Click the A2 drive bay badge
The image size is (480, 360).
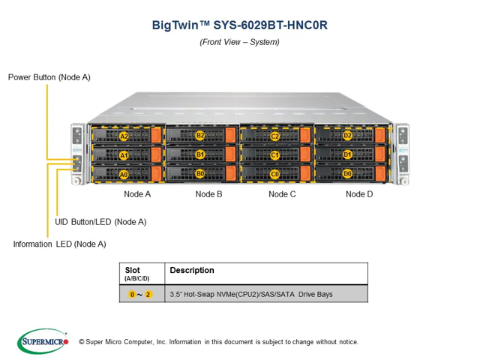pyautogui.click(x=124, y=136)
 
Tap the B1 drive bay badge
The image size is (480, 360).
pyautogui.click(x=200, y=154)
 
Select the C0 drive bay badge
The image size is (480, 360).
pyautogui.click(x=275, y=175)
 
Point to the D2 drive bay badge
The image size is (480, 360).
pyautogui.click(x=347, y=135)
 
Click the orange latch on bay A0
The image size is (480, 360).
pyautogui.click(x=157, y=174)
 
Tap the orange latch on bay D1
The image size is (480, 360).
pyautogui.click(x=380, y=154)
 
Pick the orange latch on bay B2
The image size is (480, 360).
pyautogui.click(x=230, y=135)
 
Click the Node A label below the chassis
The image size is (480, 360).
pyautogui.click(x=137, y=194)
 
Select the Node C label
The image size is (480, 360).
pyautogui.click(x=282, y=194)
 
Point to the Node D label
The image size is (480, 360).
pyautogui.click(x=359, y=194)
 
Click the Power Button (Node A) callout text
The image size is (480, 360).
pyautogui.click(x=49, y=77)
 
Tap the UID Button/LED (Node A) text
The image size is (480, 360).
pyautogui.click(x=100, y=222)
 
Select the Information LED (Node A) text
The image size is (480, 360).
pyautogui.click(x=60, y=244)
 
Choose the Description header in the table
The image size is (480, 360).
pyautogui.click(x=192, y=270)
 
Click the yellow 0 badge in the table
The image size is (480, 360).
pyautogui.click(x=132, y=295)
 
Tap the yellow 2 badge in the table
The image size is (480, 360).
pyautogui.click(x=148, y=295)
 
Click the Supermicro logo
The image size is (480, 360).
pyautogui.click(x=43, y=341)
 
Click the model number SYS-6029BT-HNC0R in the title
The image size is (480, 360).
pyautogui.click(x=270, y=25)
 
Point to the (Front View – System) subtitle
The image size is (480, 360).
pyautogui.click(x=239, y=42)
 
